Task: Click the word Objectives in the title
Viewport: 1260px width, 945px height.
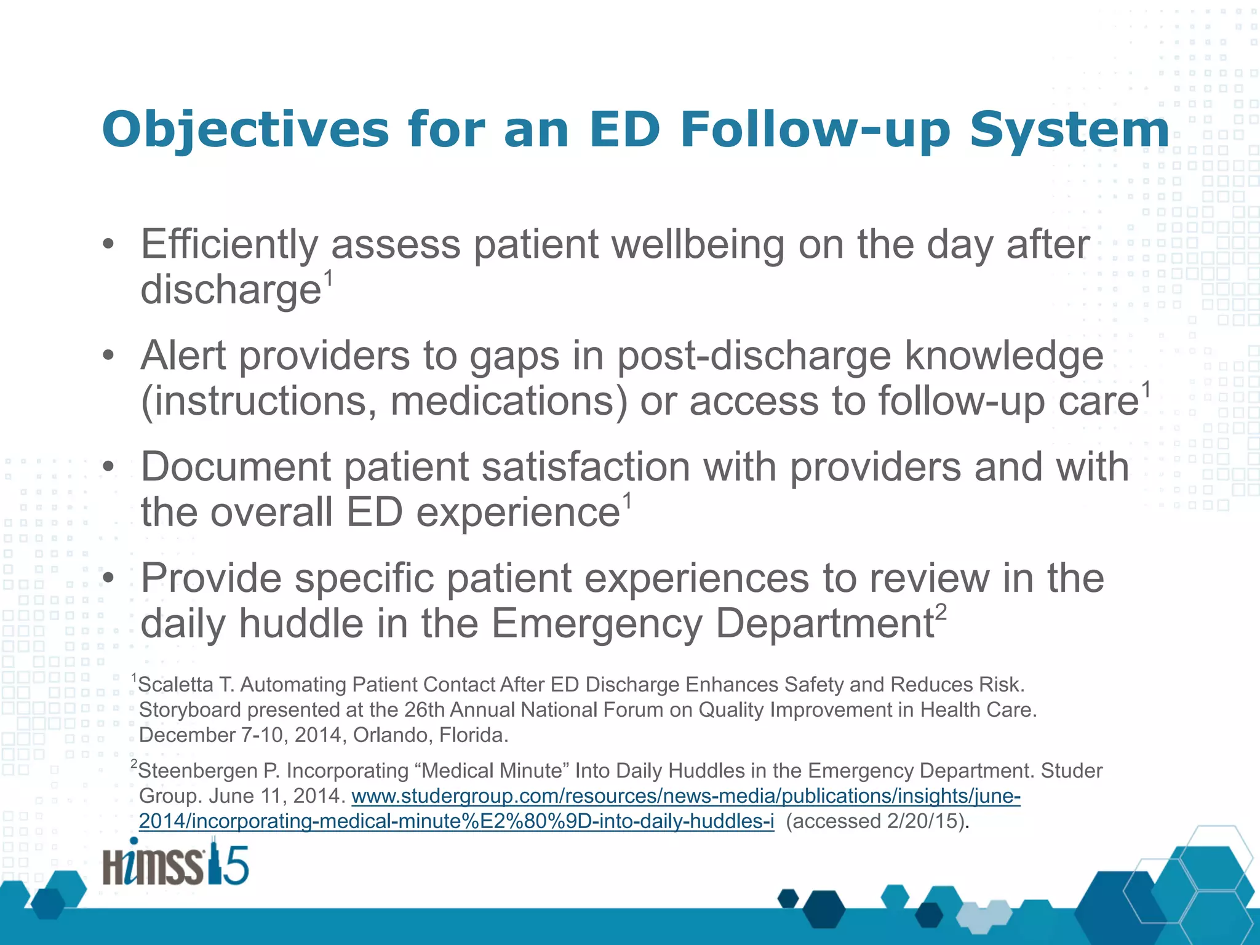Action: click(x=245, y=130)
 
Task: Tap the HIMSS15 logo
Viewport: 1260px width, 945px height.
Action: click(x=176, y=863)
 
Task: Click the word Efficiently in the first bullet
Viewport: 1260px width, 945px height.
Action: click(x=229, y=245)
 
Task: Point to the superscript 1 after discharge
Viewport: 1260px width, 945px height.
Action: click(x=329, y=278)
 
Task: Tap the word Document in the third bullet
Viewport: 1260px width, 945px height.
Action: click(x=236, y=467)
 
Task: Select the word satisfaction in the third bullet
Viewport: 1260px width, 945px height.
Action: click(x=585, y=467)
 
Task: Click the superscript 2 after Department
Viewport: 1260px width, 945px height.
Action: click(x=941, y=613)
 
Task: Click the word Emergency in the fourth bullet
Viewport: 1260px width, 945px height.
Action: click(x=596, y=624)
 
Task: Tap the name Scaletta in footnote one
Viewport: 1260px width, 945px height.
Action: click(x=176, y=685)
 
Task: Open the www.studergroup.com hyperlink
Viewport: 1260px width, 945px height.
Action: click(x=685, y=796)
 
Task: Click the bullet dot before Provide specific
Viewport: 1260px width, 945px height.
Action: click(x=109, y=578)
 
